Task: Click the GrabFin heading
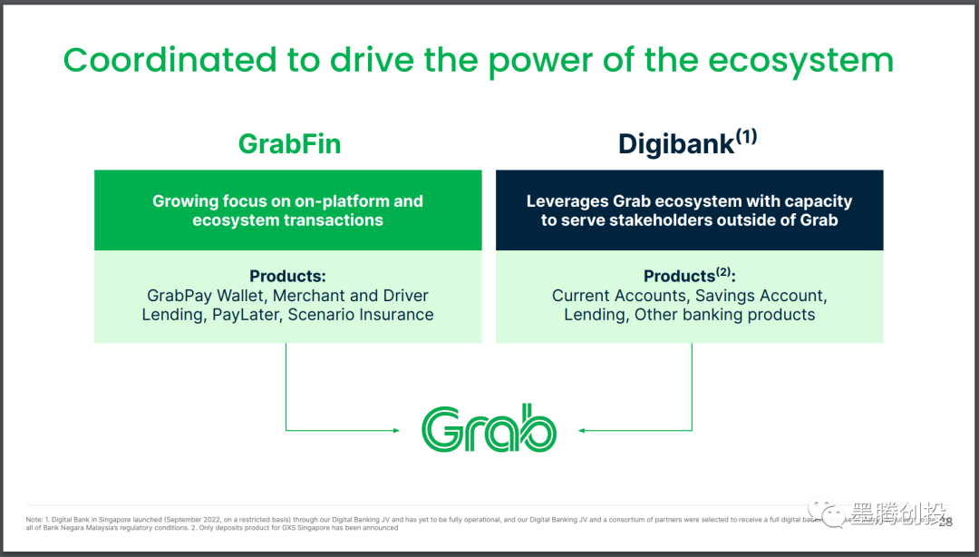pyautogui.click(x=289, y=143)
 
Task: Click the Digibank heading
pyautogui.click(x=675, y=144)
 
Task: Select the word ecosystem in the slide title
pyautogui.click(x=800, y=61)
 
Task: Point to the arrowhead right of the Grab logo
pyautogui.click(x=583, y=430)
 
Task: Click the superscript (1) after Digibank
pyautogui.click(x=746, y=136)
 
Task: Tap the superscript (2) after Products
pyautogui.click(x=723, y=271)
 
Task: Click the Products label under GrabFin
pyautogui.click(x=287, y=276)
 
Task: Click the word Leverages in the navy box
pyautogui.click(x=567, y=200)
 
